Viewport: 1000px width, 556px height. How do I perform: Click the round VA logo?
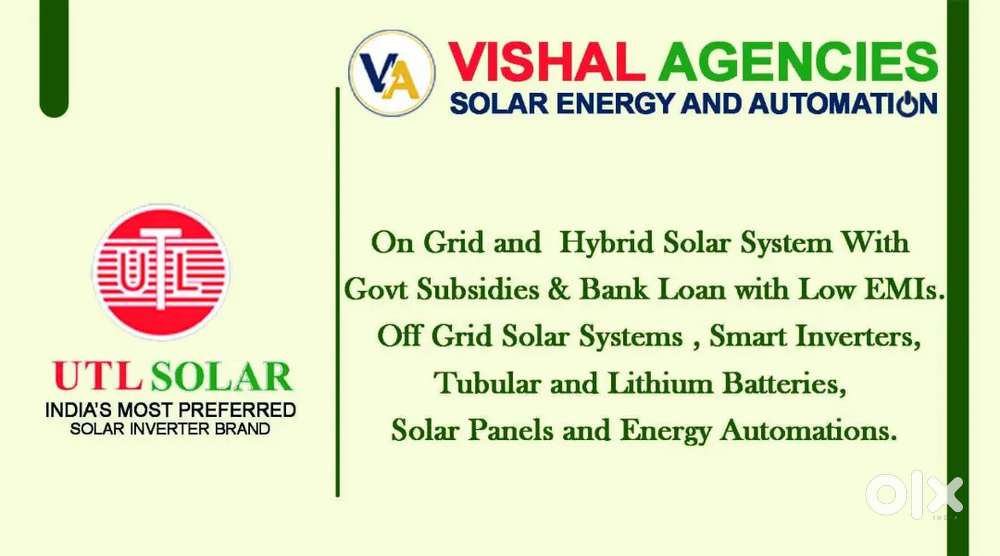392,73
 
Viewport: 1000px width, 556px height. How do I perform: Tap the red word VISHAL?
546,62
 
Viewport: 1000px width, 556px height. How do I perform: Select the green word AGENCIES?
798,62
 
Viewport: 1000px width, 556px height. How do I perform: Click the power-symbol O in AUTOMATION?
907,103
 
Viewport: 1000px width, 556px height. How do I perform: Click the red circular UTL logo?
161,272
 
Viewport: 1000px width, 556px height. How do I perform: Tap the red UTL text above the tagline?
98,376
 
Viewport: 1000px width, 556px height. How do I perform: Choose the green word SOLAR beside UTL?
222,376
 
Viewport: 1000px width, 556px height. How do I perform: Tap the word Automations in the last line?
808,430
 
